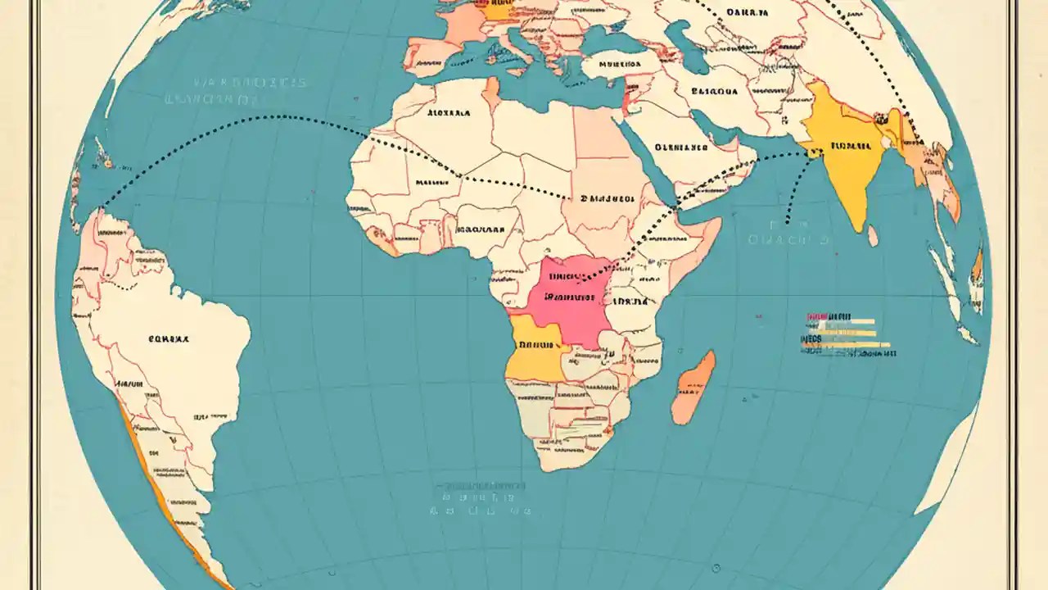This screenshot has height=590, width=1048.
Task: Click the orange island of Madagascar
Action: point(693,387)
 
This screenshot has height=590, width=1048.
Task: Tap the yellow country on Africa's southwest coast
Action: point(533,347)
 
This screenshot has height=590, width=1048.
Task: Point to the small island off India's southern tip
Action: point(873,236)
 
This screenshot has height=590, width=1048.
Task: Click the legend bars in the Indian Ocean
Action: point(848,334)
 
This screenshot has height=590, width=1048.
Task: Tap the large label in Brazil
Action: point(168,337)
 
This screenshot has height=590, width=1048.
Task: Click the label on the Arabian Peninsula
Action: point(681,148)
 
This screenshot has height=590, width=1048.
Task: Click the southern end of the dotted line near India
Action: point(787,221)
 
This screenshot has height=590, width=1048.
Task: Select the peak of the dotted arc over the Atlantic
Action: point(282,116)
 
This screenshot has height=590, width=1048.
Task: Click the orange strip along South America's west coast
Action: point(160,483)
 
